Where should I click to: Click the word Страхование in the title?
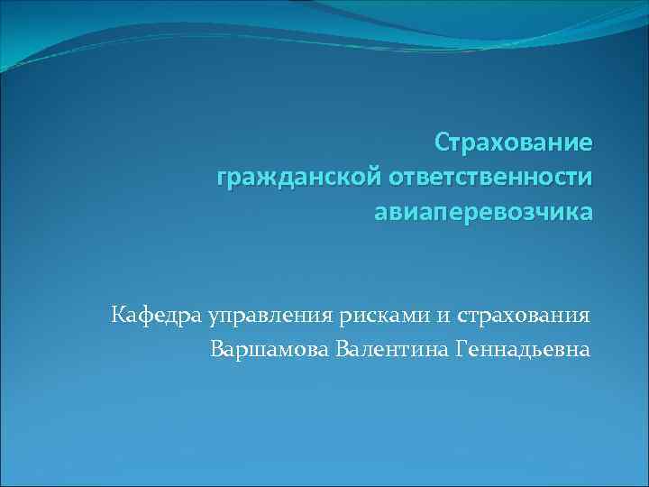514,142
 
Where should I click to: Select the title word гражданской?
299,179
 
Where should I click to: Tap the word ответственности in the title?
491,178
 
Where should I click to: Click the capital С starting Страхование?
442,142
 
